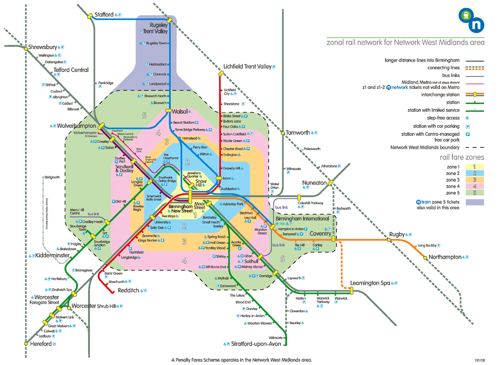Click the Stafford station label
[x=104, y=15]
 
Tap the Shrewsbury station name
[x=42, y=47]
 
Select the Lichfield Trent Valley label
[x=247, y=66]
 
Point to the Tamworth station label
[x=298, y=133]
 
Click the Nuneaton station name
[x=314, y=183]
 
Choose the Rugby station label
[x=397, y=234]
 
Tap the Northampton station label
[x=445, y=257]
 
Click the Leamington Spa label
[x=370, y=283]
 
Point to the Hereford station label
[x=41, y=343]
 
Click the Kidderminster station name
[x=52, y=255]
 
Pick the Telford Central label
[x=71, y=70]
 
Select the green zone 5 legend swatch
[x=475, y=193]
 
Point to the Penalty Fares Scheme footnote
[x=242, y=360]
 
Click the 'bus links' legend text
[x=444, y=76]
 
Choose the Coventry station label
[x=320, y=234]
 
